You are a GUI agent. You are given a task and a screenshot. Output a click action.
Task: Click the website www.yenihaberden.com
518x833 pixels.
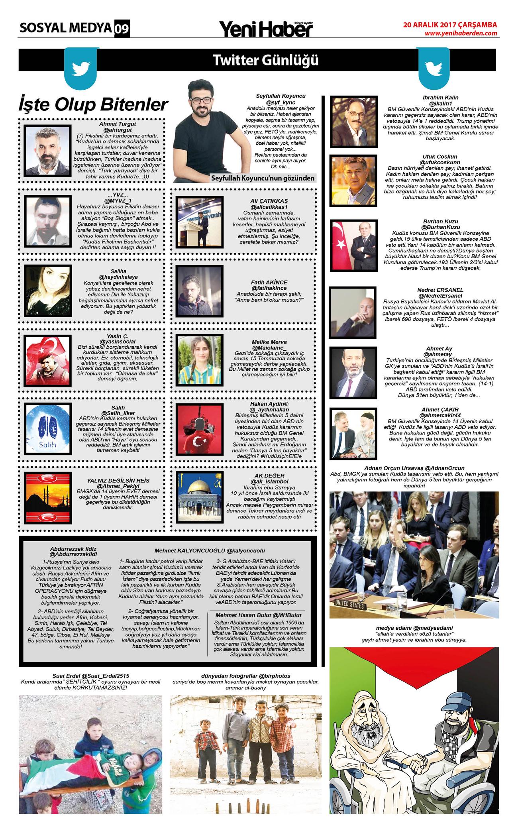click(461, 33)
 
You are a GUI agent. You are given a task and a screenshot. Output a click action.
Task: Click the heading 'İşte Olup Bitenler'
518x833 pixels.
click(93, 105)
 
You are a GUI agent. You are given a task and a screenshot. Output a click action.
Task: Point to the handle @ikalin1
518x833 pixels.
click(440, 103)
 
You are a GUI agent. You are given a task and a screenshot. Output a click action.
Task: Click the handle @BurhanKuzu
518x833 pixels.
click(440, 227)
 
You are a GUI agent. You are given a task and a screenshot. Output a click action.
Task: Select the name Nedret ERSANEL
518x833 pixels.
click(440, 290)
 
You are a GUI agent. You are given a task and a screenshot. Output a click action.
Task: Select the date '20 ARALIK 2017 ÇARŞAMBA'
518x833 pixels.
click(450, 24)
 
